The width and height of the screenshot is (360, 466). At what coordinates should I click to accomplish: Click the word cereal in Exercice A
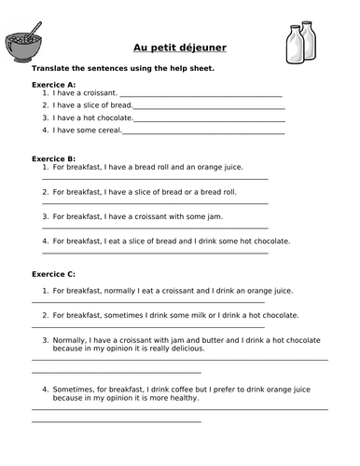point(105,130)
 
